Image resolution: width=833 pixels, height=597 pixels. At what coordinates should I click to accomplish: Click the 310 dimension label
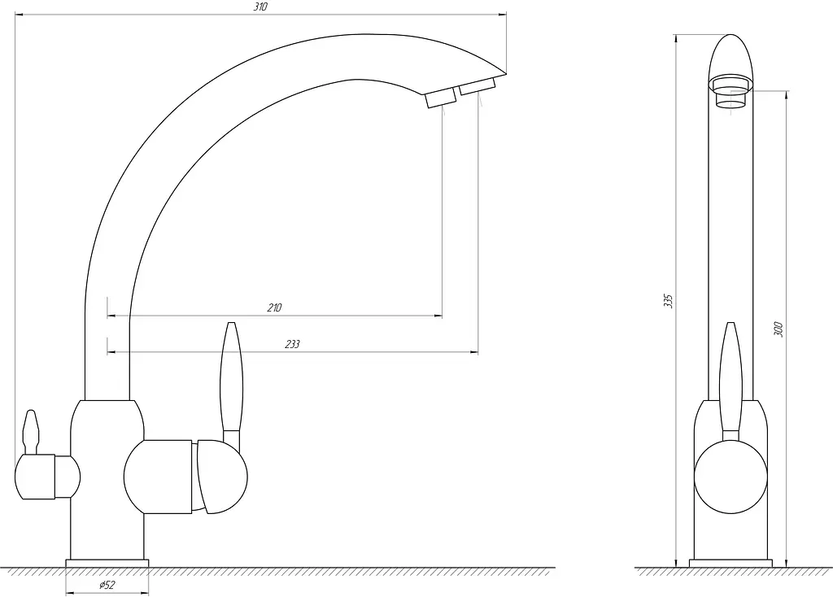(261, 7)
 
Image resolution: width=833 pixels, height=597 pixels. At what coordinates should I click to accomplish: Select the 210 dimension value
(274, 307)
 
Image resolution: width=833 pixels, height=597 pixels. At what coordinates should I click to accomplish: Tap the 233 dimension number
(292, 344)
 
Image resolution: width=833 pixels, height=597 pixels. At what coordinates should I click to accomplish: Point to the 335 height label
(669, 301)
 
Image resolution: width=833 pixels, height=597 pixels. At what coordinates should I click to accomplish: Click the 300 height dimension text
(778, 329)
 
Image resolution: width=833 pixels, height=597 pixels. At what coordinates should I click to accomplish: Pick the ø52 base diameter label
(107, 586)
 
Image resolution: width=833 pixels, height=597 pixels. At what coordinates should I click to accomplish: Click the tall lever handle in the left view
(232, 383)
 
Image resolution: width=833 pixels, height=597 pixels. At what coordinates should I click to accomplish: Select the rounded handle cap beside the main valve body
(221, 477)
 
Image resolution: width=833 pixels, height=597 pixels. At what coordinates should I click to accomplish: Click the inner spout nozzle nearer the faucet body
(440, 98)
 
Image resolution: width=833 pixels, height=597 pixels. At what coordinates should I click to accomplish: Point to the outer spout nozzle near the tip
(478, 86)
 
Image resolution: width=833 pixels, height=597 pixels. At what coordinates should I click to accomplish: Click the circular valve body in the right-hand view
(731, 477)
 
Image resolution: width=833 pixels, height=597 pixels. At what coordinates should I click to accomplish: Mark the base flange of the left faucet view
(107, 564)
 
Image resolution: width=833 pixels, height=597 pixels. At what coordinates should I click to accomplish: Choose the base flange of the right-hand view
(731, 564)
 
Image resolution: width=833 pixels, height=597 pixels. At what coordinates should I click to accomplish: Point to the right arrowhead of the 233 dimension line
(474, 352)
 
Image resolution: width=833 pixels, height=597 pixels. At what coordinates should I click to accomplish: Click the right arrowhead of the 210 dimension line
(438, 316)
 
